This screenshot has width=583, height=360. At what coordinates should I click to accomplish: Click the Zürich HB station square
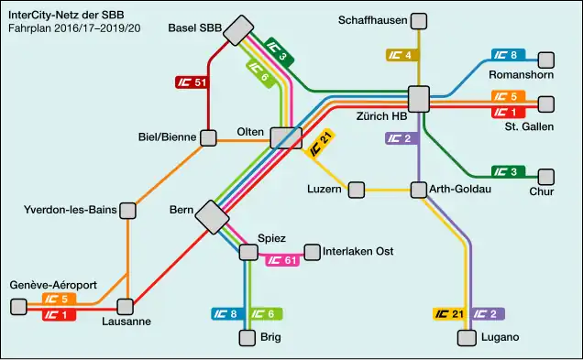(x=419, y=98)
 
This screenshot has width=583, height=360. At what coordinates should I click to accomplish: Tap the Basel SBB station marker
(x=241, y=30)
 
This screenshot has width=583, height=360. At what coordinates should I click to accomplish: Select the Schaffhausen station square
(x=419, y=21)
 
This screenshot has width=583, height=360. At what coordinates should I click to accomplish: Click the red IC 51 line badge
(x=192, y=82)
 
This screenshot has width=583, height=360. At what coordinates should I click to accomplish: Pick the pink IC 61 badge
(x=282, y=260)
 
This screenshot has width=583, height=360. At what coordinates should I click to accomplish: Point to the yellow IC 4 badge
(x=401, y=55)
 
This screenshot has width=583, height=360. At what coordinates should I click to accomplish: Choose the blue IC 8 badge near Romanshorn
(x=507, y=55)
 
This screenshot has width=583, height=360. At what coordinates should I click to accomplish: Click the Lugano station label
(x=500, y=338)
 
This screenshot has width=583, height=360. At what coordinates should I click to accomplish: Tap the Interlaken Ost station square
(x=312, y=251)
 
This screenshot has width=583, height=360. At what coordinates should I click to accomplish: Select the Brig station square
(x=247, y=338)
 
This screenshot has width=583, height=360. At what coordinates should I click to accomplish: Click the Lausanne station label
(x=126, y=322)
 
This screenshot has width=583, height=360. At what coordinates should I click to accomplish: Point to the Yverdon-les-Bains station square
(x=128, y=211)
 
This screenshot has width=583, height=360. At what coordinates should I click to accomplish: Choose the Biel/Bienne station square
(x=209, y=138)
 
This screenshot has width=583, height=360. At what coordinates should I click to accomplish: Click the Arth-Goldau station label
(x=460, y=190)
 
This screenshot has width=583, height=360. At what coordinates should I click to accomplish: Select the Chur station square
(x=547, y=176)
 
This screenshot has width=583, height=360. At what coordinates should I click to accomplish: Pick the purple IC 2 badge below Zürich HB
(x=401, y=139)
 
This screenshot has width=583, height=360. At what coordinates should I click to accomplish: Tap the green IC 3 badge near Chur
(x=507, y=171)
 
